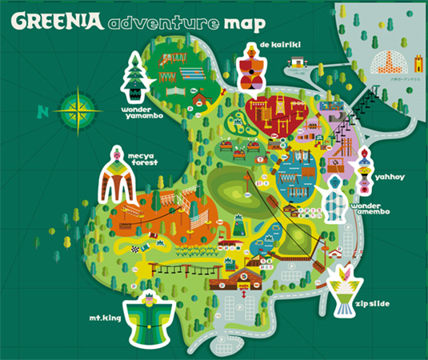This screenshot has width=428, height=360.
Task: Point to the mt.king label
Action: click(x=106, y=318)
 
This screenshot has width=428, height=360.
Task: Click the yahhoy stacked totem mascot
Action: click(x=365, y=172)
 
